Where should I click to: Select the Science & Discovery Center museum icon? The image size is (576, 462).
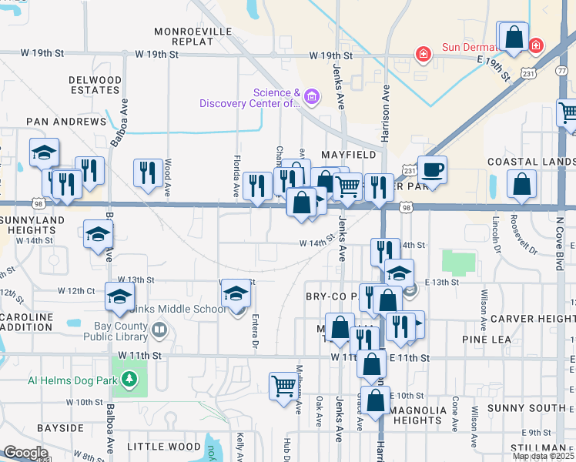[x=311, y=96]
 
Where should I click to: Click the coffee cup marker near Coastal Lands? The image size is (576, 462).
[x=432, y=170]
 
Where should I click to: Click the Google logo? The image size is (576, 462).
[x=25, y=452]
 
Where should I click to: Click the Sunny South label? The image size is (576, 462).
[x=537, y=407]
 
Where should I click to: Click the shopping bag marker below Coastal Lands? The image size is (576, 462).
[x=522, y=184]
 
